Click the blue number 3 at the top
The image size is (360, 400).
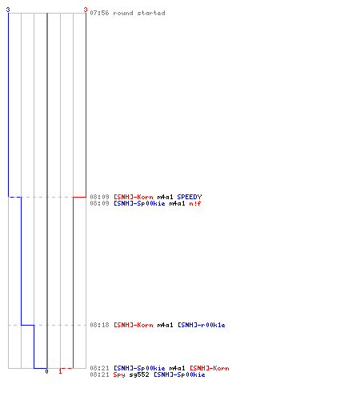[8, 10]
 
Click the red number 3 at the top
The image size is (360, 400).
[86, 10]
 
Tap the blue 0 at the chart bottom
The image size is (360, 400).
[46, 371]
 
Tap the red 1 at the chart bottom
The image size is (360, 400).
[60, 371]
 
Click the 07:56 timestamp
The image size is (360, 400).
[99, 13]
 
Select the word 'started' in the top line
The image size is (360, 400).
[151, 13]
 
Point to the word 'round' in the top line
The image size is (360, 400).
[123, 13]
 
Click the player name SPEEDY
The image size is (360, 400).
[190, 197]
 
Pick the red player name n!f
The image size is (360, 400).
[195, 203]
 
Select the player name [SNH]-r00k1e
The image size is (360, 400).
[202, 325]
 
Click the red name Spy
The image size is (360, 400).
[119, 374]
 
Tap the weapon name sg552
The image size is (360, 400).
[139, 374]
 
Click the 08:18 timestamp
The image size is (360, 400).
[99, 325]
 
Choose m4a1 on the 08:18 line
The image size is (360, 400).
[166, 325]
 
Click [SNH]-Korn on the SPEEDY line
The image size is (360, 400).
[134, 197]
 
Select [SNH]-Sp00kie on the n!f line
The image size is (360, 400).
[139, 203]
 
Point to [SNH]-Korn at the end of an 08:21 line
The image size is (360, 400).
[210, 368]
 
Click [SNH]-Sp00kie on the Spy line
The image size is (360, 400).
[179, 374]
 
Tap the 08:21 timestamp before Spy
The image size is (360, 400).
[99, 374]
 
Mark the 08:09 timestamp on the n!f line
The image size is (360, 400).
[99, 203]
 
